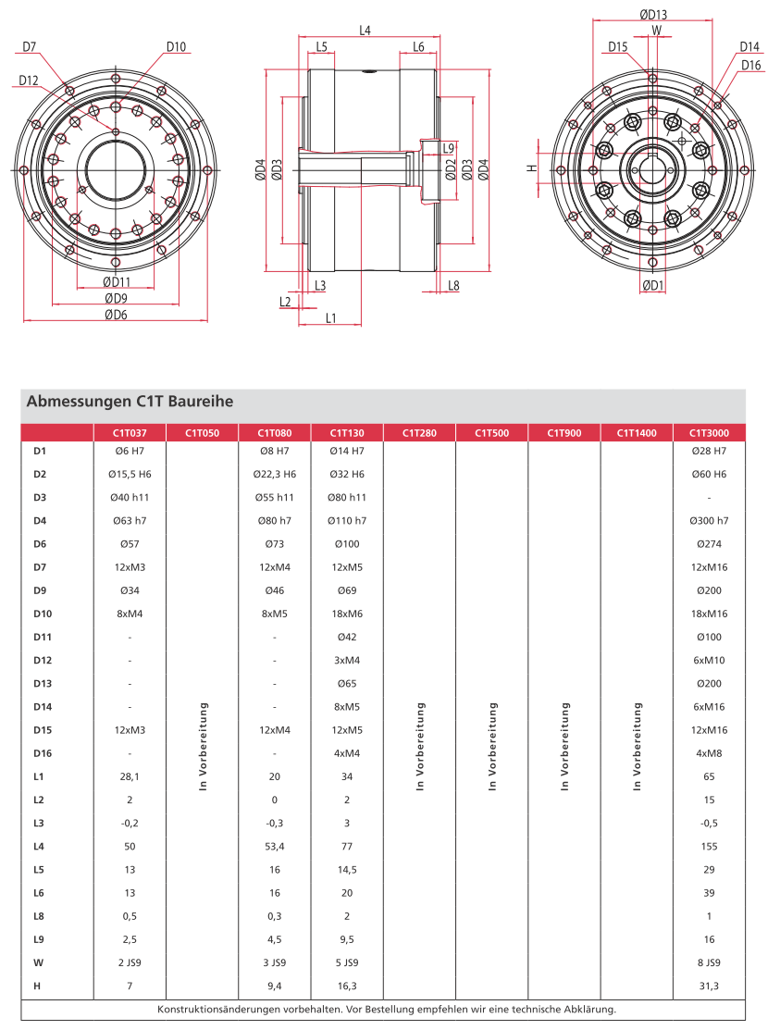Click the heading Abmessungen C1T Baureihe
[129, 403]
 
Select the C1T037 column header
[130, 432]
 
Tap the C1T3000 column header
[709, 432]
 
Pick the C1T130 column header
[347, 432]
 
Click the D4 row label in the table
[40, 521]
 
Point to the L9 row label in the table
[39, 939]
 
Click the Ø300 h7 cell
[709, 521]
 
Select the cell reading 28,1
[130, 776]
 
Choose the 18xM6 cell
[347, 614]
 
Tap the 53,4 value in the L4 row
[275, 847]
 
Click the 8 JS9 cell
[709, 962]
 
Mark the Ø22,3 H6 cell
[275, 475]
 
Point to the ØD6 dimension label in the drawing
[115, 316]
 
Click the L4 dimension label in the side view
[365, 31]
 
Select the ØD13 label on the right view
[653, 14]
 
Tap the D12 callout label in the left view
[29, 81]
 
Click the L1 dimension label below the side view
[330, 318]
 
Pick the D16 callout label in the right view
[750, 65]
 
